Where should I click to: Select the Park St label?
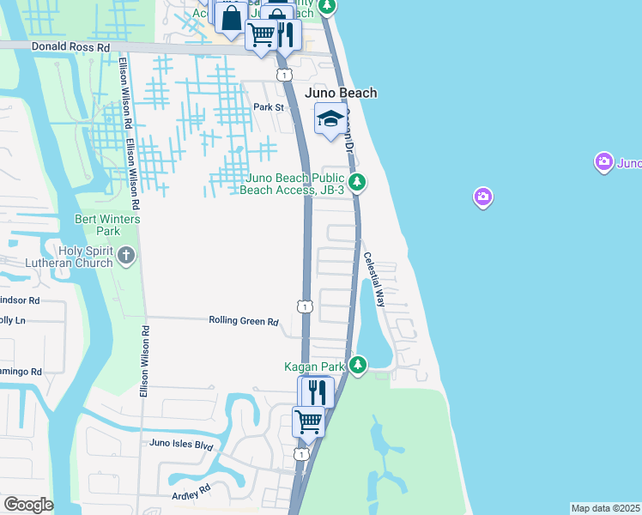268,107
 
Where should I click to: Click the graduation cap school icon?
330,119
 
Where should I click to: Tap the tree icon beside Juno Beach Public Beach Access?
358,182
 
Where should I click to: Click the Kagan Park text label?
314,367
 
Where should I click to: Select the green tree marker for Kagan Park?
358,366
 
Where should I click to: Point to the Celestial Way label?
375,280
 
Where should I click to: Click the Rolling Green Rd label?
244,321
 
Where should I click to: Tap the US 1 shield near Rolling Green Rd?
305,306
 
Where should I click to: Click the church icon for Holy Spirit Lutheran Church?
126,255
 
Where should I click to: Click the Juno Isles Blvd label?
180,445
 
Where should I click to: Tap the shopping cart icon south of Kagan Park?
308,421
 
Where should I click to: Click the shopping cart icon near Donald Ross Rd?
261,35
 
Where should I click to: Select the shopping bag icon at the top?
231,16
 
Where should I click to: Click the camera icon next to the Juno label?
604,161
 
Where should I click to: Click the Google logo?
27,505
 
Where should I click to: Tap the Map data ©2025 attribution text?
606,508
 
